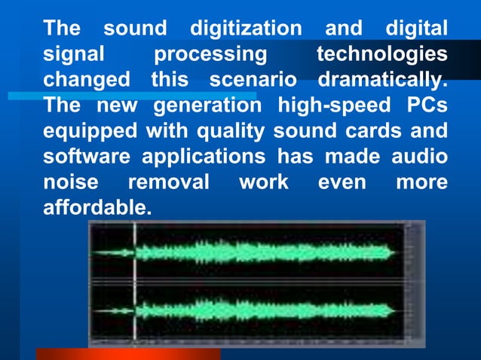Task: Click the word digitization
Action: (x=245, y=30)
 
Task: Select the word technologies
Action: (x=381, y=55)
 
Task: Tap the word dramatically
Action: (x=382, y=79)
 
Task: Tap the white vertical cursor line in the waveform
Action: (x=135, y=282)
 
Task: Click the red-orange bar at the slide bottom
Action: (x=128, y=354)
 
